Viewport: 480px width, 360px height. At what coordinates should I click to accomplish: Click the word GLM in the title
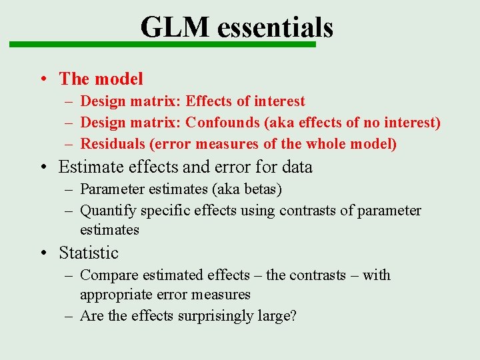(x=175, y=27)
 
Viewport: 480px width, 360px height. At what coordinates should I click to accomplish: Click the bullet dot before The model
(x=42, y=79)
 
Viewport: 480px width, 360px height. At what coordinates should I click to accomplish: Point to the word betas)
(x=262, y=189)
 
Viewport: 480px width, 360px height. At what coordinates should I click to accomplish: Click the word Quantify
(x=108, y=211)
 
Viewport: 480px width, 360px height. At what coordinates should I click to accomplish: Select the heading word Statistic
(x=89, y=253)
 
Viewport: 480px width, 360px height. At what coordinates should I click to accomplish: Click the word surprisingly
(x=219, y=315)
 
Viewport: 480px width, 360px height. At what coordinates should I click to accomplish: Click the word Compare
(x=108, y=275)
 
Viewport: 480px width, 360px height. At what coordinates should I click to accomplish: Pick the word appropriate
(x=114, y=294)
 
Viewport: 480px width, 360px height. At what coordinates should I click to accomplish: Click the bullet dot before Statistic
(x=42, y=253)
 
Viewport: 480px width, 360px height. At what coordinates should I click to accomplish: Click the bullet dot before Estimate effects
(x=42, y=167)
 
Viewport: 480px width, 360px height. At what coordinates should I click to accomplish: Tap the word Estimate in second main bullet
(x=88, y=166)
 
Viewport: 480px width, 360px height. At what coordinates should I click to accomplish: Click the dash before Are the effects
(x=69, y=315)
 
